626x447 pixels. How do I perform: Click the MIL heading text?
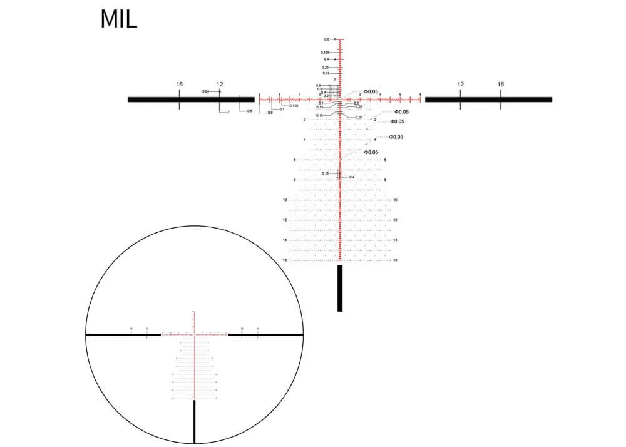point(118,19)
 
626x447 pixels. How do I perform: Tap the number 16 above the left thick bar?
point(179,84)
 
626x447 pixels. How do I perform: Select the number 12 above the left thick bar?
point(220,84)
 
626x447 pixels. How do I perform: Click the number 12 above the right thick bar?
point(460,84)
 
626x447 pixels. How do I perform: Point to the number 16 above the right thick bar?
point(500,84)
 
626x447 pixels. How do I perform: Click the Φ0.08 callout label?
point(401,112)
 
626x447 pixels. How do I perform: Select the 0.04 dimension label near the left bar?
point(205,91)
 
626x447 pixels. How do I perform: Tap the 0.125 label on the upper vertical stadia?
point(325,52)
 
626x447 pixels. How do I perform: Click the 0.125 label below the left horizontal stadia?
point(294,105)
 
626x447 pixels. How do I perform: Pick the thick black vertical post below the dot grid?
point(340,288)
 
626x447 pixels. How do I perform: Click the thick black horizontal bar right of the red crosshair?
point(488,99)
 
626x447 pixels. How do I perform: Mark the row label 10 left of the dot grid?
point(284,200)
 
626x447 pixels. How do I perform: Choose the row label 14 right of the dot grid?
point(395,240)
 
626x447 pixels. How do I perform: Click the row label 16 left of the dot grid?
point(284,260)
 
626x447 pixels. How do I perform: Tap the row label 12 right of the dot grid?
point(395,220)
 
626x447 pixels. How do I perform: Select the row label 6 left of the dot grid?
point(294,160)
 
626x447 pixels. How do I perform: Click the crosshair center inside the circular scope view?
point(195,335)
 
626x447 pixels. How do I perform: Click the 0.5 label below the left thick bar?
point(250,111)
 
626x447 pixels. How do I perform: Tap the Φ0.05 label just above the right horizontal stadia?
point(371,91)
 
